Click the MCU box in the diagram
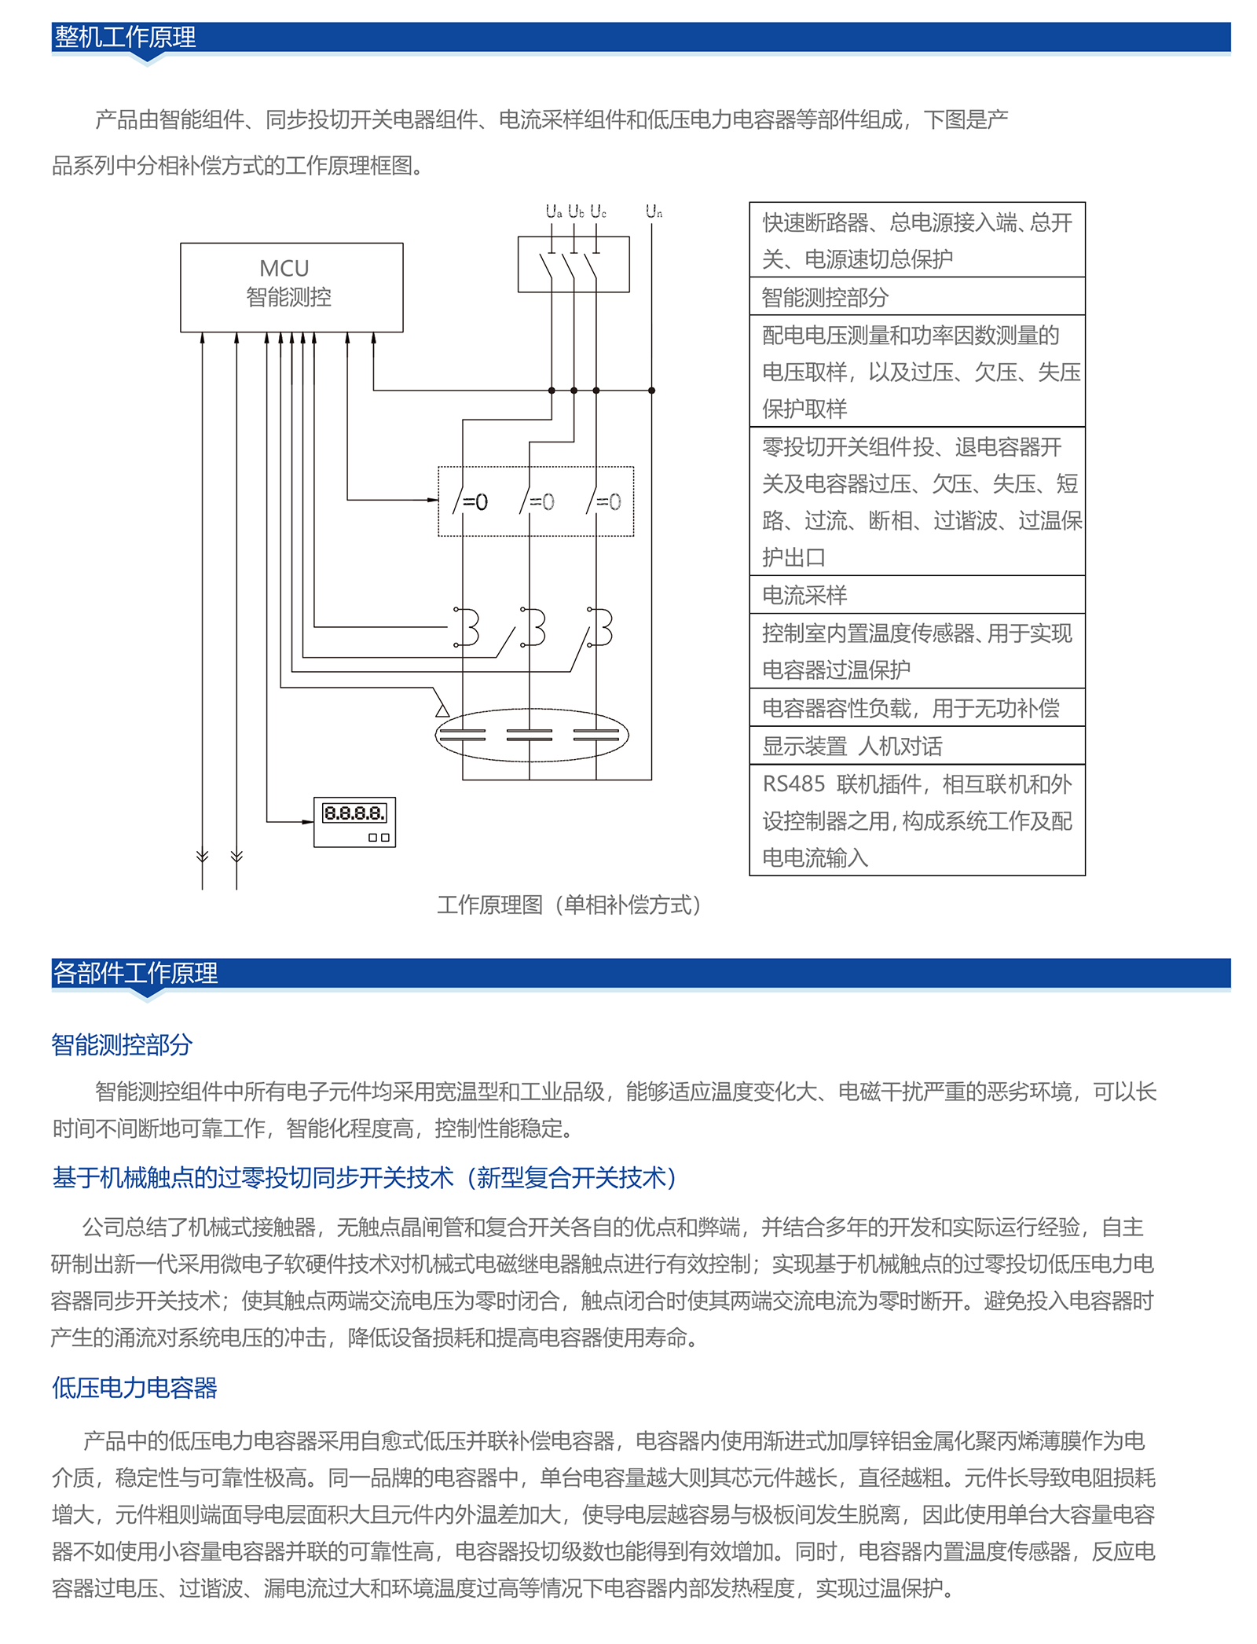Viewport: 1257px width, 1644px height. [291, 287]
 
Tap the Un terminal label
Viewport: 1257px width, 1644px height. [654, 211]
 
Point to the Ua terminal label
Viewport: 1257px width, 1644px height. [553, 211]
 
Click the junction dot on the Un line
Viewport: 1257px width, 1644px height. [651, 391]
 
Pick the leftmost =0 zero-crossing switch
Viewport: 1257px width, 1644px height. [470, 501]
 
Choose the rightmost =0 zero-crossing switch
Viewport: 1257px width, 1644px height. [603, 501]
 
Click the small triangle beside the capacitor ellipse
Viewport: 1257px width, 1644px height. [442, 710]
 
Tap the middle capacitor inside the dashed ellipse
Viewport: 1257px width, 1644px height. [530, 736]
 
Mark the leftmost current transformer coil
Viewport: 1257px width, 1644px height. [468, 627]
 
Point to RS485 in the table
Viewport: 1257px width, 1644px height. [793, 784]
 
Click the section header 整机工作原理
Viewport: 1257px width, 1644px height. [126, 37]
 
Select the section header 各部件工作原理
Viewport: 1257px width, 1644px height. [135, 973]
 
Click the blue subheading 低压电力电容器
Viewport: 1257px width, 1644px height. [134, 1388]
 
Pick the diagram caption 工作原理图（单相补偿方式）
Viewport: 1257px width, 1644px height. [569, 905]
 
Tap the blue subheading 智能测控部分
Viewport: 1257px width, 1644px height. [122, 1044]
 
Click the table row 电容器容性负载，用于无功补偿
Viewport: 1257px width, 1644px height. [911, 708]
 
